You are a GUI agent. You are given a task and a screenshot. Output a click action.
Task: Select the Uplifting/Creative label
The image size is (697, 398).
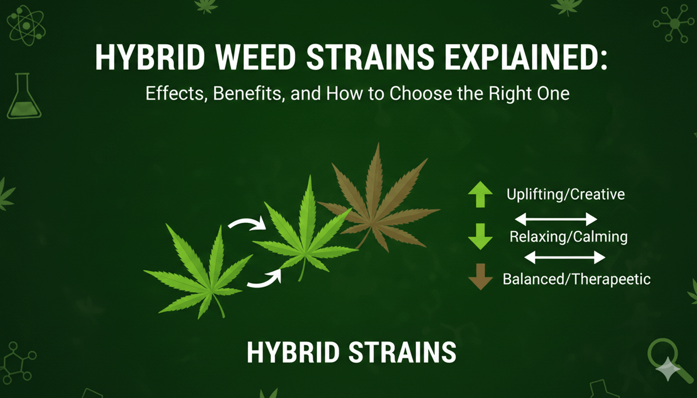pos(565,195)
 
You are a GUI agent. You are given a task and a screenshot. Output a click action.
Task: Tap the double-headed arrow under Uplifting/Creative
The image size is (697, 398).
pos(556,217)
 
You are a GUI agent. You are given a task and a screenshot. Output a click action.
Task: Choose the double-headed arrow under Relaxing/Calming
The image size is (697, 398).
pos(564,256)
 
